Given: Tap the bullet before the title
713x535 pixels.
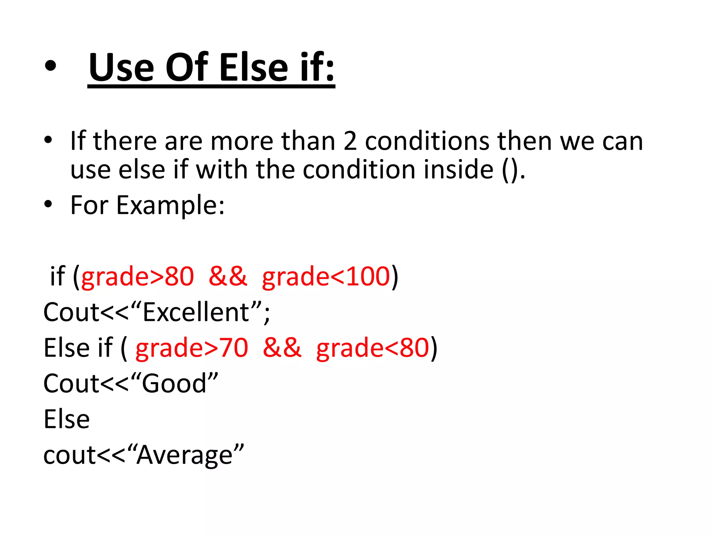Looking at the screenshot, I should (50, 67).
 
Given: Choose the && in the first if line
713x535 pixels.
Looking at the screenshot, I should (228, 276).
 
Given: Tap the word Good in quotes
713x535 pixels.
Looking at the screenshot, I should (174, 383).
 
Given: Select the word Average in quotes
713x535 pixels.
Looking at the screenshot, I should (185, 455).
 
